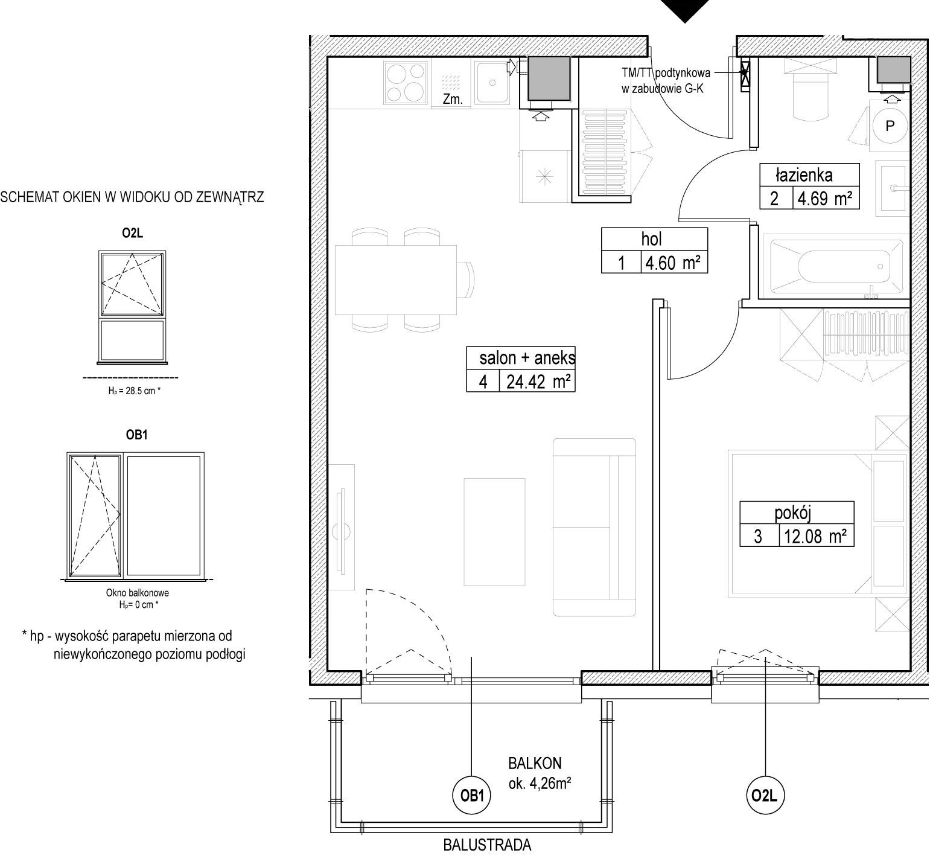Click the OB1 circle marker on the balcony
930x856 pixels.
click(472, 796)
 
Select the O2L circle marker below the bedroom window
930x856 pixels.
click(765, 796)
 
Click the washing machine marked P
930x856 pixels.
click(890, 126)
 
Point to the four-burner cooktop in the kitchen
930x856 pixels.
click(405, 83)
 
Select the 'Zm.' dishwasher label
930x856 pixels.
click(453, 100)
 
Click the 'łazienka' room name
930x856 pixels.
click(804, 175)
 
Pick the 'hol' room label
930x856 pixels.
click(652, 239)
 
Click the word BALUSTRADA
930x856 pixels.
click(487, 845)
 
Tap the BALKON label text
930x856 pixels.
click(535, 763)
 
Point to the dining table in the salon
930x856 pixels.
click(396, 279)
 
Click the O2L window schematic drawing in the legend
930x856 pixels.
click(132, 308)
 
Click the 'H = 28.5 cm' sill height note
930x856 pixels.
click(134, 391)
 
